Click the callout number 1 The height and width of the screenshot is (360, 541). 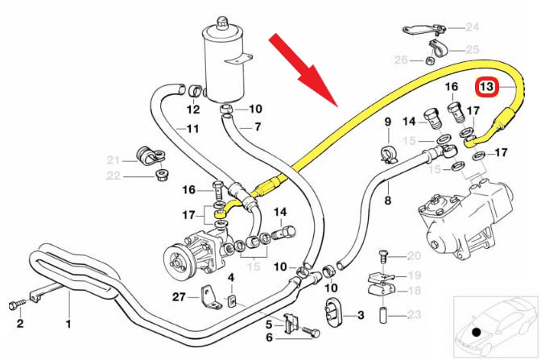click(x=68, y=325)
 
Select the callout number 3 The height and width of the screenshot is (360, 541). click(x=361, y=314)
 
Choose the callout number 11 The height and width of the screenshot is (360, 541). click(x=192, y=128)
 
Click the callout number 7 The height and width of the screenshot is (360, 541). click(x=258, y=126)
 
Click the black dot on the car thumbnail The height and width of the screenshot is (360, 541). click(x=476, y=331)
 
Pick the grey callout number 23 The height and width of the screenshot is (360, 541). click(x=415, y=315)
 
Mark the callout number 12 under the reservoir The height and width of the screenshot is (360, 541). click(x=193, y=109)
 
